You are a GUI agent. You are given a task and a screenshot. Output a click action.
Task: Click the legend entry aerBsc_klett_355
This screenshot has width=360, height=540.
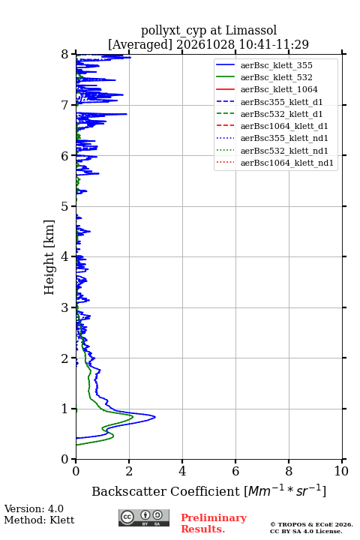(x=276, y=65)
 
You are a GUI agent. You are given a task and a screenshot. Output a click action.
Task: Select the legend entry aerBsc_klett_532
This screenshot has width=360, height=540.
(x=276, y=77)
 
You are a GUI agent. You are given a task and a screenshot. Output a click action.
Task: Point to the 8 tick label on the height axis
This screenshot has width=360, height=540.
(x=65, y=54)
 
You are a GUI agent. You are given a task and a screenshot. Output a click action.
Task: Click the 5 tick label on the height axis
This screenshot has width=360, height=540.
(x=65, y=206)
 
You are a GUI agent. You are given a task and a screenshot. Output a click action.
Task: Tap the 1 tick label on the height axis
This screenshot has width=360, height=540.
(x=65, y=409)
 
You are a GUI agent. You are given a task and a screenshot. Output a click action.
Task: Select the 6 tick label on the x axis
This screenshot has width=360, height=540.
(x=235, y=471)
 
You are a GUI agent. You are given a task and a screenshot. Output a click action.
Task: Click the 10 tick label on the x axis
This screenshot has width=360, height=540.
(x=341, y=471)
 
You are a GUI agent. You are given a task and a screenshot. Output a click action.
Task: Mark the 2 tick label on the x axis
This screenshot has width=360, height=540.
(x=129, y=471)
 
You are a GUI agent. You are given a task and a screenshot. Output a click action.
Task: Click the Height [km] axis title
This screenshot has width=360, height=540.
(x=49, y=257)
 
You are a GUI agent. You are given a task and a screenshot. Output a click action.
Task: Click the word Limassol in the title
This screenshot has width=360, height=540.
(x=250, y=30)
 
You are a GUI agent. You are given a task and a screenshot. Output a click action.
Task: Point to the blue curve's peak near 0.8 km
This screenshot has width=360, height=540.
(x=155, y=417)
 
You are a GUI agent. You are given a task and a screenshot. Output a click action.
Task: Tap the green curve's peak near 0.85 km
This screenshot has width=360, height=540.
(x=133, y=416)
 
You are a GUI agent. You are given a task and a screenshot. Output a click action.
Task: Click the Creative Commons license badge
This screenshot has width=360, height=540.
(x=144, y=517)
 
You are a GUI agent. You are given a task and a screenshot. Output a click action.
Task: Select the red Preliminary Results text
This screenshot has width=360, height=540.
(x=214, y=523)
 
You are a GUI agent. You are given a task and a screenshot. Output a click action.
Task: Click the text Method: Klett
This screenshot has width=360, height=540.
(x=39, y=520)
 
